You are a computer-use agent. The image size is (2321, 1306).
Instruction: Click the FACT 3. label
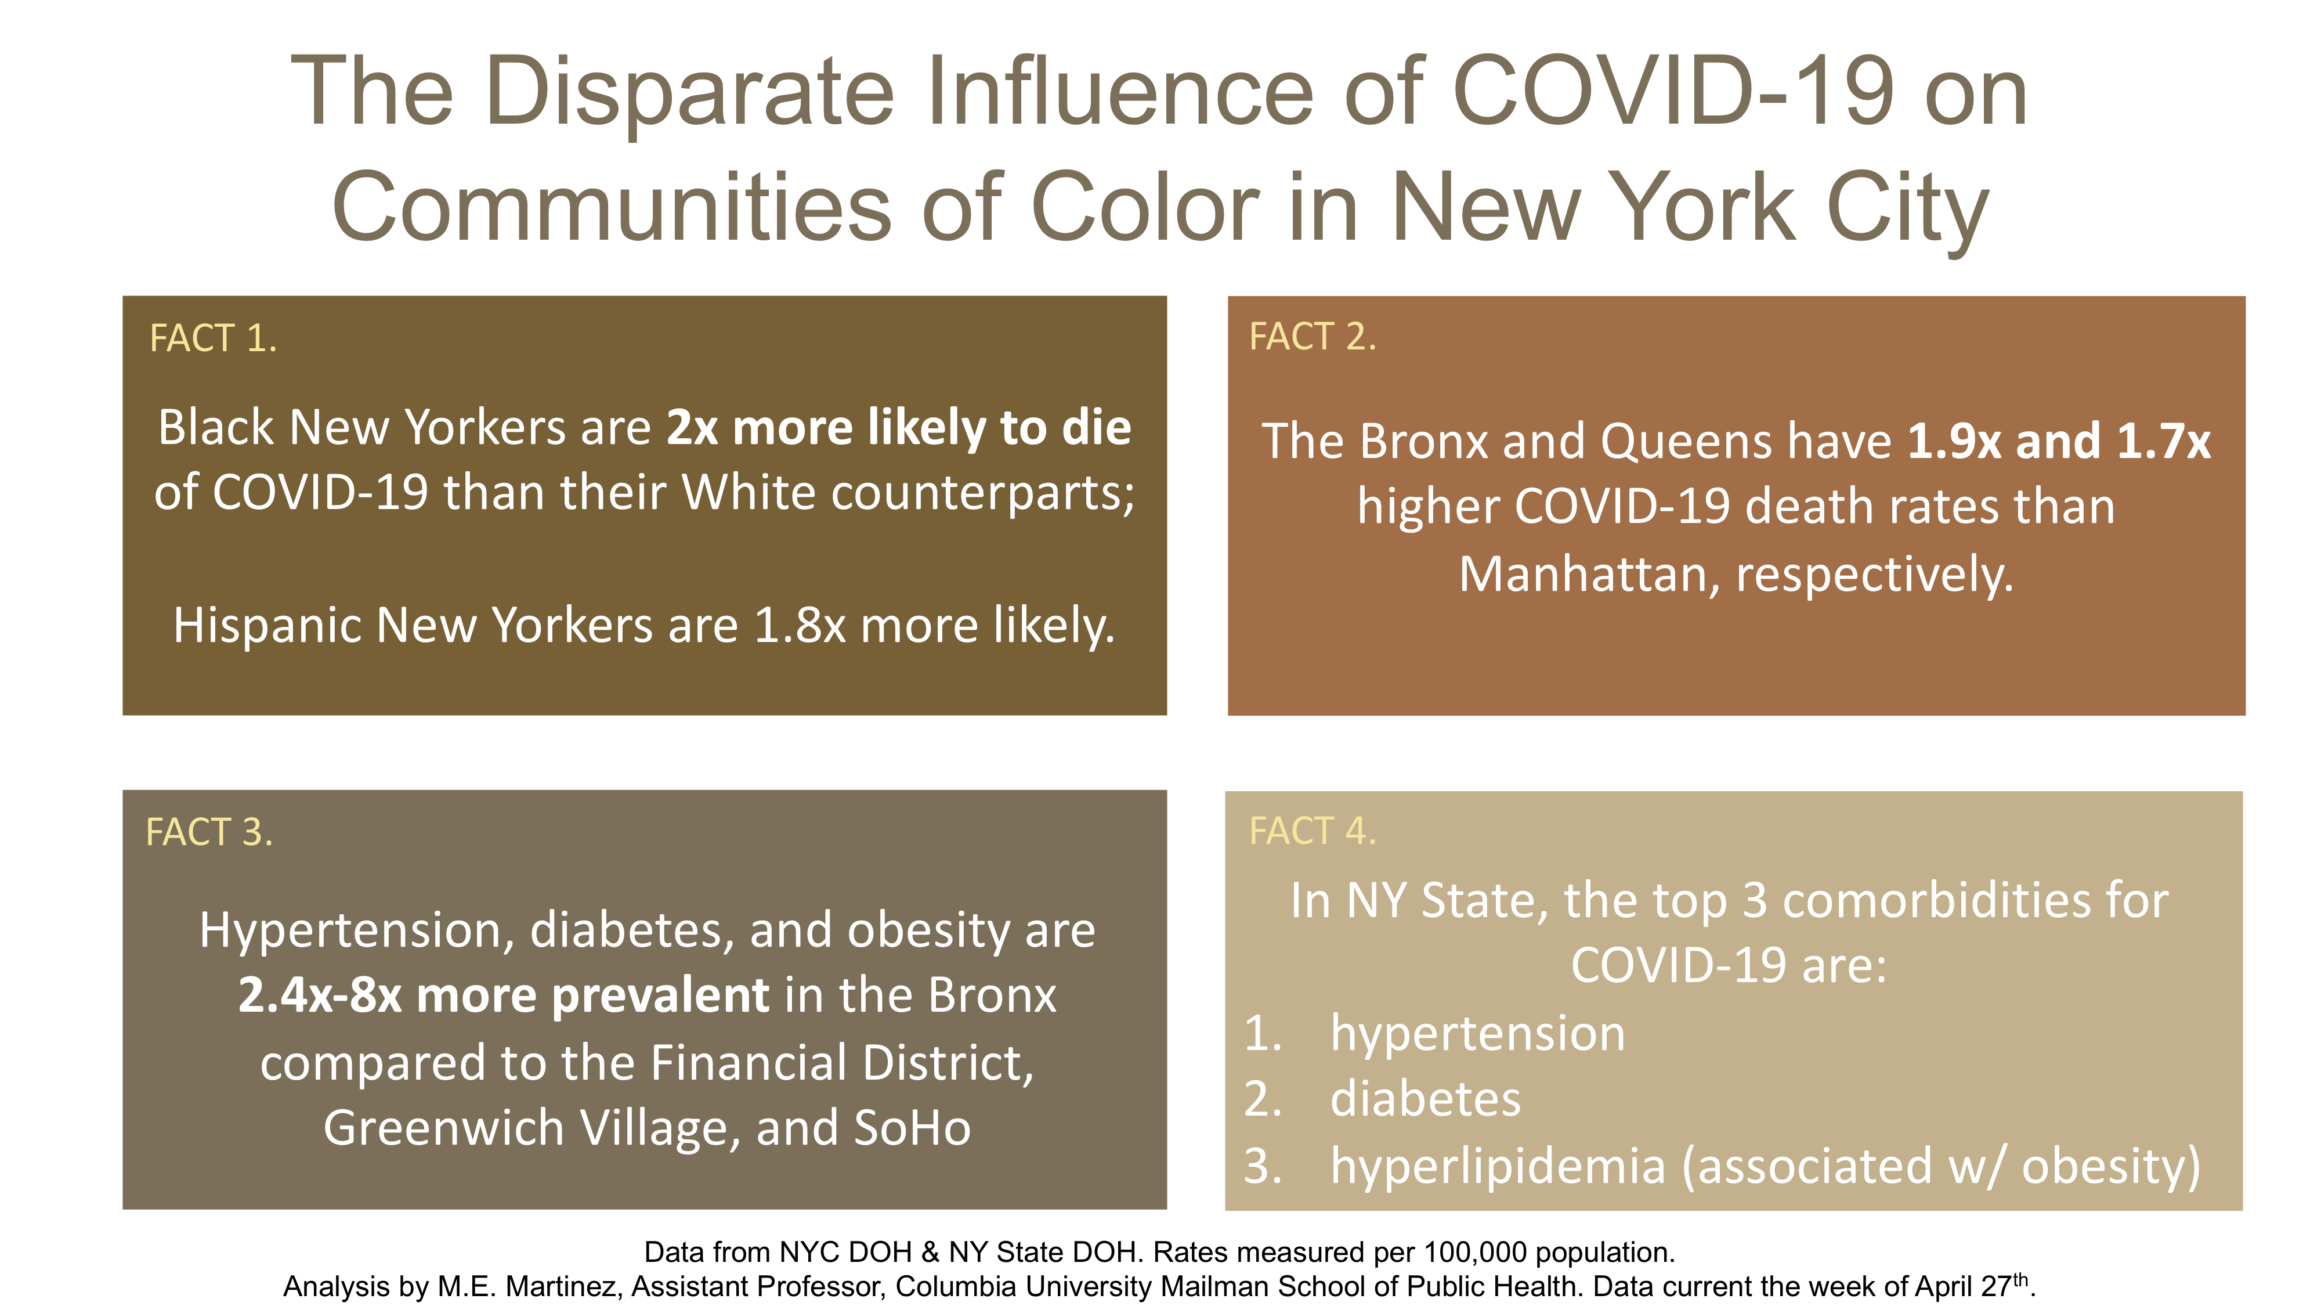click(x=209, y=831)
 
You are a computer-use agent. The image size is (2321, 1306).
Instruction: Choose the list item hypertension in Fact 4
click(x=1478, y=1034)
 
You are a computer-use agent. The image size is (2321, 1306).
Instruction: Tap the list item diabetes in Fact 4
click(x=1426, y=1099)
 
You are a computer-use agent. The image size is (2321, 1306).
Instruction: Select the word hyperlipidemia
click(x=1498, y=1166)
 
